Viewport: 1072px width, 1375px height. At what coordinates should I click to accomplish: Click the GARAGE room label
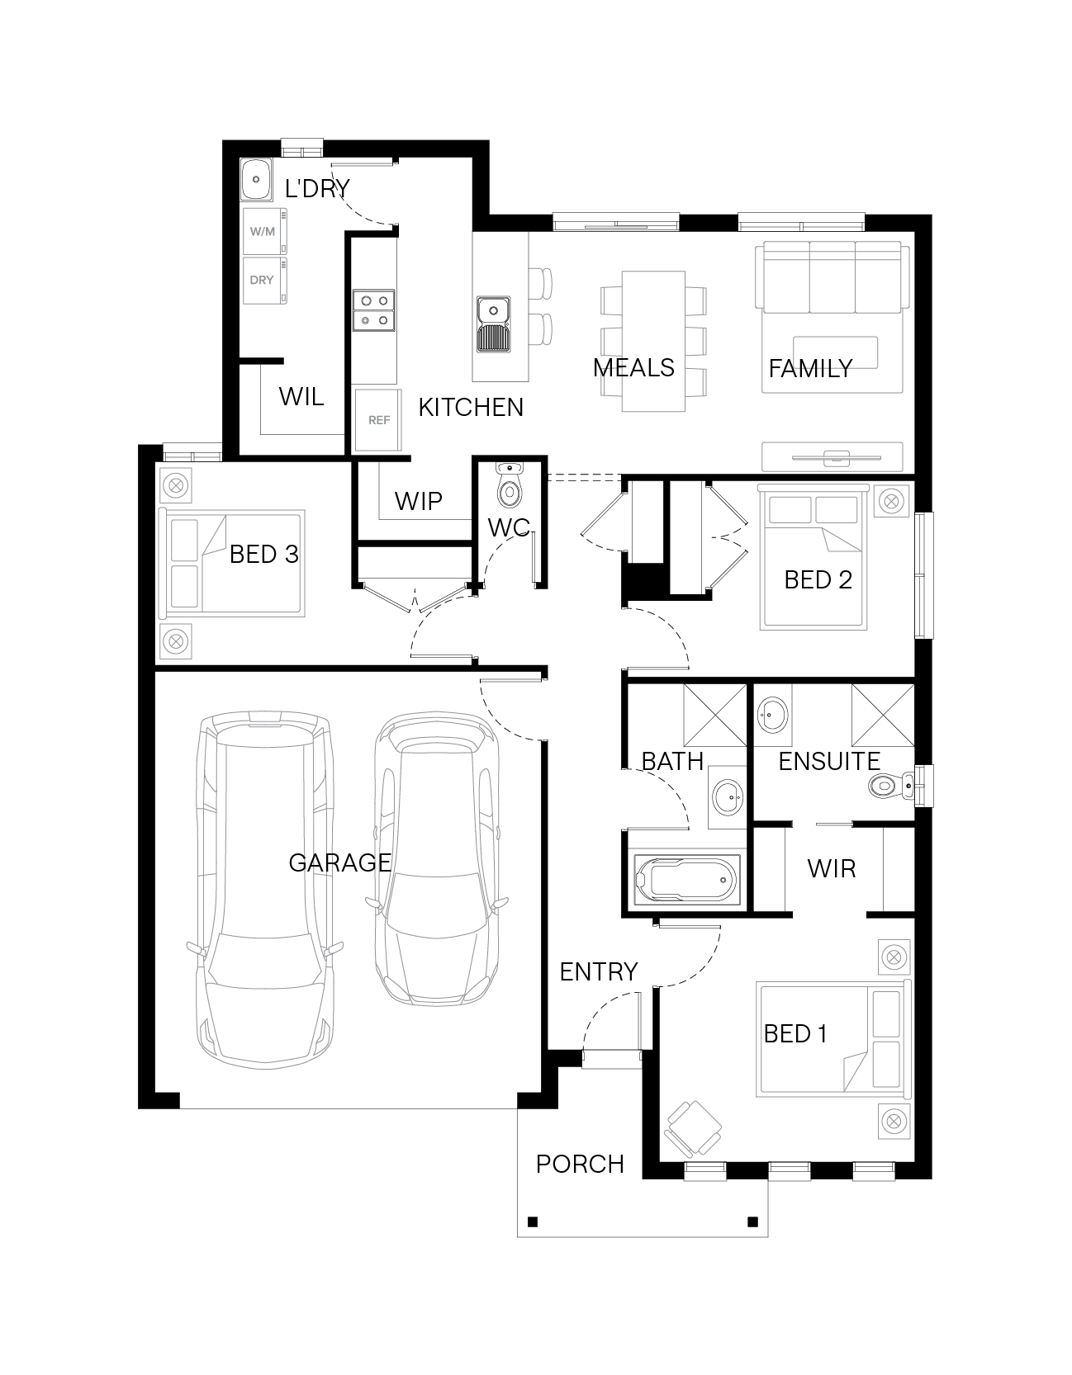(339, 862)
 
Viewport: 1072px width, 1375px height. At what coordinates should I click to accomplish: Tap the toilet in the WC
(509, 486)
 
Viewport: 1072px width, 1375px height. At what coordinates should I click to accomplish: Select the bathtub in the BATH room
(685, 881)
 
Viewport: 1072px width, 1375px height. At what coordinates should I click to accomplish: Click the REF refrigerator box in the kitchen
(378, 420)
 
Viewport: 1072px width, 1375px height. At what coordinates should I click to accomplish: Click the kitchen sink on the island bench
(493, 325)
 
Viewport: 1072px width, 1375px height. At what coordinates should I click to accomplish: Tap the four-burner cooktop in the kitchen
(374, 310)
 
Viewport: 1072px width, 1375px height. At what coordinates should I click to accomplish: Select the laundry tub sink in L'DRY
(257, 179)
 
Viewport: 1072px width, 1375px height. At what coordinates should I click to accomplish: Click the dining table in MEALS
(653, 341)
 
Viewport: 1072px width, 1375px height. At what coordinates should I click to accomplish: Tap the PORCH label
(580, 1165)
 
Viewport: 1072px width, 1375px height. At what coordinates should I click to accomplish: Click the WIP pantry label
(418, 501)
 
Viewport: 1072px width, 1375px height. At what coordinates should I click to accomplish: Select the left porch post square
(533, 1221)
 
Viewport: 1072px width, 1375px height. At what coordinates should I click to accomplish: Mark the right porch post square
(752, 1221)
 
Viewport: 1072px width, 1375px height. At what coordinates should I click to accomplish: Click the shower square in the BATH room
(715, 716)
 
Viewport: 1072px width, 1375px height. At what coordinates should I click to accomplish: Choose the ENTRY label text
(599, 972)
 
